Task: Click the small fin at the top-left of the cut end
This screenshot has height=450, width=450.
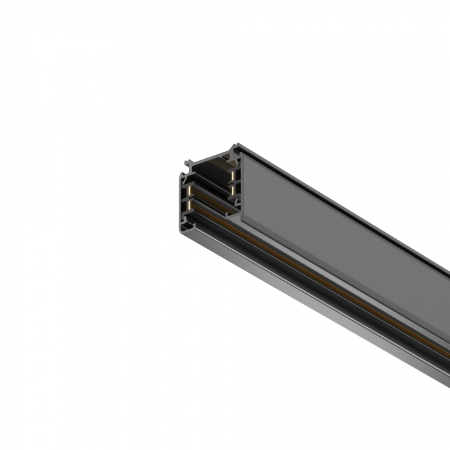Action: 188,163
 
